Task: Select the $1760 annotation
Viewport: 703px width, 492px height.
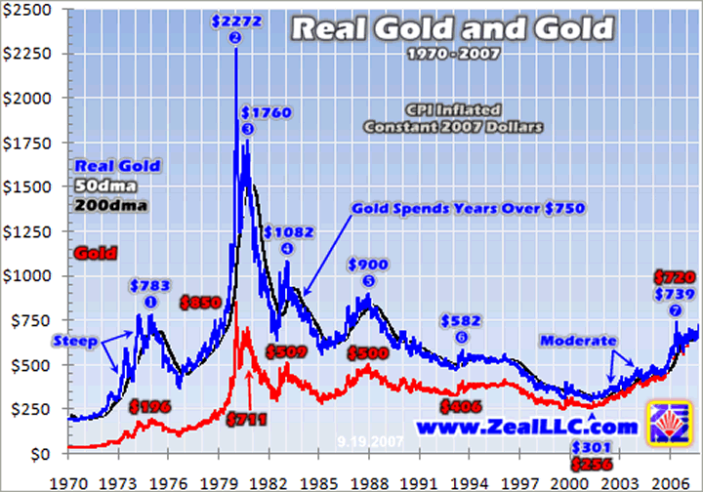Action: point(260,111)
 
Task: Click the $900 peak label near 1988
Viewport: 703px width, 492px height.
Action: point(368,265)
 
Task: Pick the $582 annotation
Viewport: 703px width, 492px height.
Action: point(461,320)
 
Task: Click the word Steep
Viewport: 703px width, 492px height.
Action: point(75,341)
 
